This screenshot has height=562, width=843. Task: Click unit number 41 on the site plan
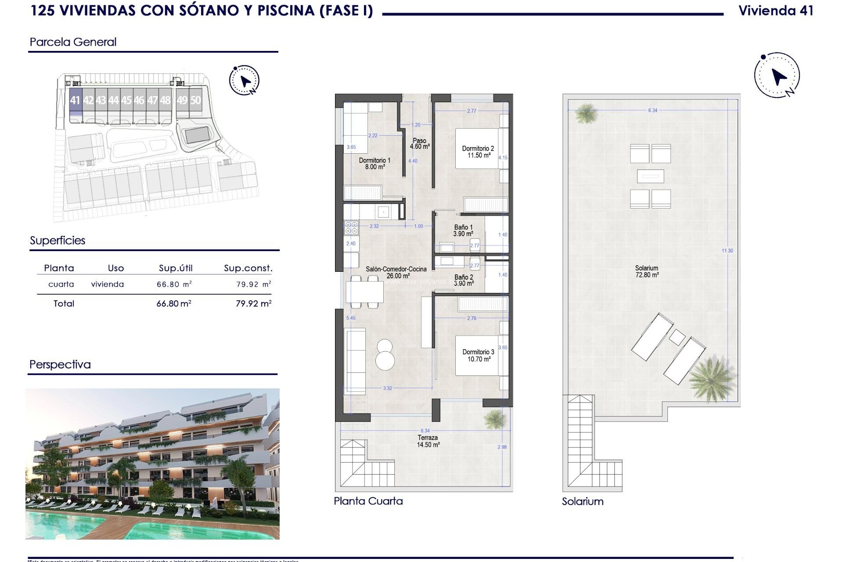[75, 101]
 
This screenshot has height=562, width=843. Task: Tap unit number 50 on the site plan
[195, 101]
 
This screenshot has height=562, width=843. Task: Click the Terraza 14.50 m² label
[428, 441]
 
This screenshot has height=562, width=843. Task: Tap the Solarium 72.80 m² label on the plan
[647, 271]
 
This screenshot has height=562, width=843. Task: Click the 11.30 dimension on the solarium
[727, 251]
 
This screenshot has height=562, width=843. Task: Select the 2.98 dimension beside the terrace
[502, 447]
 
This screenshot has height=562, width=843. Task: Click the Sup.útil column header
[176, 268]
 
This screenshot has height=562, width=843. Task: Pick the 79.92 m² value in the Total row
[253, 303]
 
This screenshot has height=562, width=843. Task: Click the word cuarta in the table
[61, 284]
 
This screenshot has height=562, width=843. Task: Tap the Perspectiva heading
[60, 364]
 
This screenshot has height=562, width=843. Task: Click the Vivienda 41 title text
[776, 11]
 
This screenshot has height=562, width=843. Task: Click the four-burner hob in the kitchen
[351, 227]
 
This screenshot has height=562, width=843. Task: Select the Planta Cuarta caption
[368, 501]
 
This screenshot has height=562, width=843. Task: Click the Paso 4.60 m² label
[420, 144]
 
